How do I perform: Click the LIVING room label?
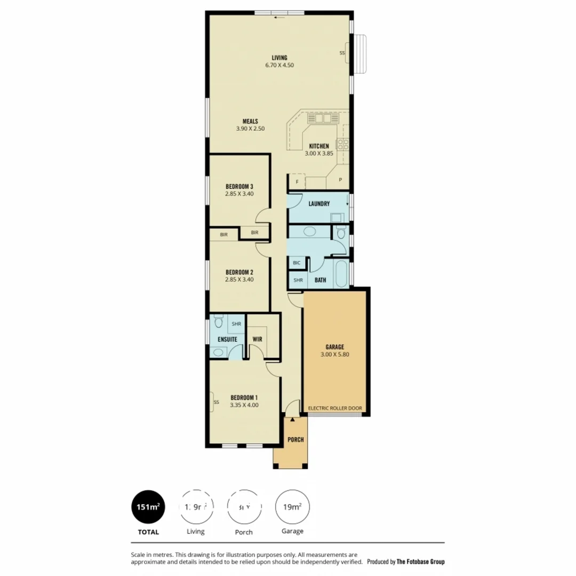[x=279, y=58]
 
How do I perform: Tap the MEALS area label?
[x=250, y=122]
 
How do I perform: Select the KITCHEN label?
[x=319, y=146]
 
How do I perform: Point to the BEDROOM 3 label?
[x=239, y=186]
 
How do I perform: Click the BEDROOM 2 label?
[x=239, y=272]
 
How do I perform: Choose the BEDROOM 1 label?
[x=244, y=397]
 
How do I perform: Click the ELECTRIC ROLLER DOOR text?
[x=335, y=409]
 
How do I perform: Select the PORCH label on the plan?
[x=295, y=440]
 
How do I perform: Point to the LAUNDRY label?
[x=319, y=204]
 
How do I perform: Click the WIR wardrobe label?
[x=257, y=339]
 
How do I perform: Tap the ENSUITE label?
[x=227, y=339]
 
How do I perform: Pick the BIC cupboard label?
[x=297, y=263]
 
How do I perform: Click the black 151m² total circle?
[x=148, y=507]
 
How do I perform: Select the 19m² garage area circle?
[x=292, y=507]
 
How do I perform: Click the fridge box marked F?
[x=297, y=181]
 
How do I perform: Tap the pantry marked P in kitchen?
[x=340, y=180]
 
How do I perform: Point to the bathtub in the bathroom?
[x=341, y=274]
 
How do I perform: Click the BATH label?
[x=320, y=279]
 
